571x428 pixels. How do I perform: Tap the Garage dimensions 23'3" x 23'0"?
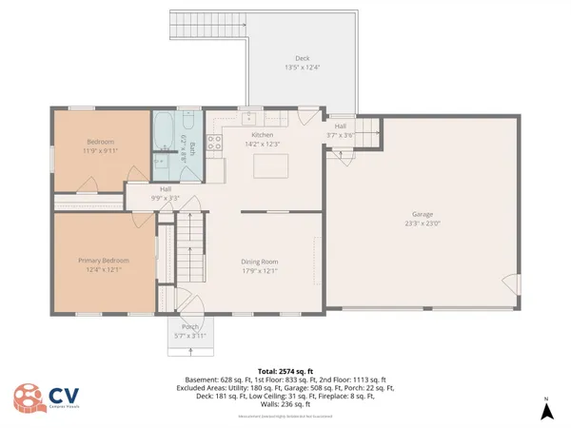click(x=423, y=224)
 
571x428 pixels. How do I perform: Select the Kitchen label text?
click(x=262, y=135)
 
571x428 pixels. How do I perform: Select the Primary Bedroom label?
click(x=103, y=260)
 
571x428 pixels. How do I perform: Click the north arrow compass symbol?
click(x=547, y=412)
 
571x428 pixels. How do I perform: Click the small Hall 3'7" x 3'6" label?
click(x=340, y=136)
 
